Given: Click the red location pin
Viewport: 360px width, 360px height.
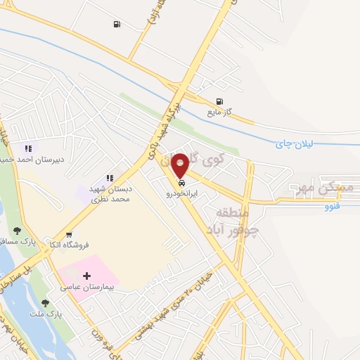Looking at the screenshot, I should tap(181, 165).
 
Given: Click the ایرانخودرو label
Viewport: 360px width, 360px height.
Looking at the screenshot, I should tap(182, 193).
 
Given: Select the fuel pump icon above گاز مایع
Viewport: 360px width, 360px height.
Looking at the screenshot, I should tap(220, 101).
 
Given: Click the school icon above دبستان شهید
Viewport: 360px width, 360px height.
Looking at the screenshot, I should tap(109, 179).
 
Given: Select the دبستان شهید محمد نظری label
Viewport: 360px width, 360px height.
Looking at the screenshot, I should tap(109, 195).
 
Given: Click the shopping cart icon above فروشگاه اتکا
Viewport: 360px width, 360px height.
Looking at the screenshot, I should tap(69, 235).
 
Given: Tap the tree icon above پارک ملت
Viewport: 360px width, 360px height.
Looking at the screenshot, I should tap(46, 303).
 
